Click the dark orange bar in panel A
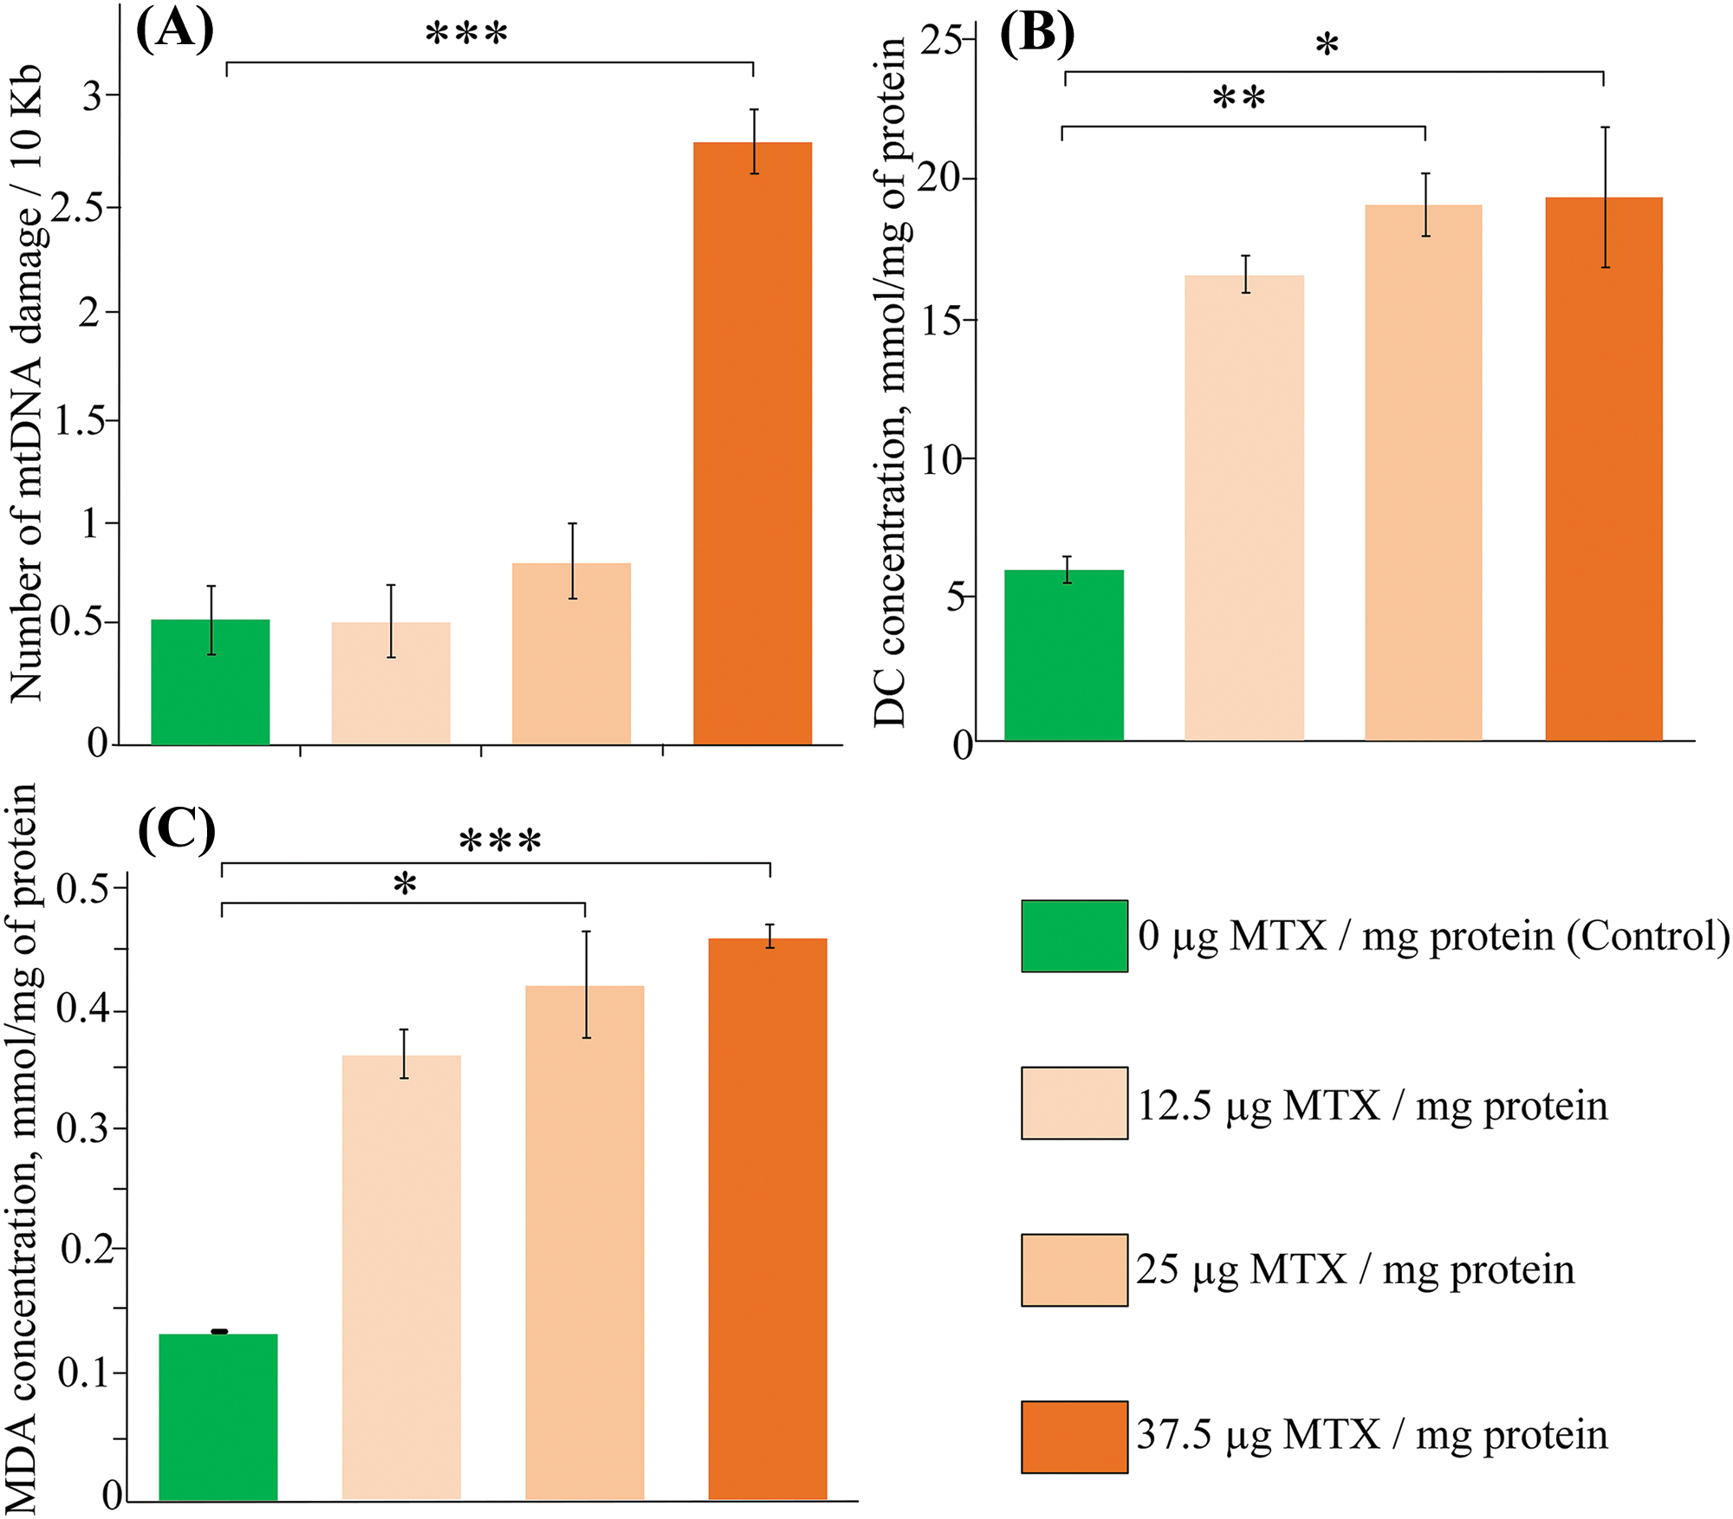(x=752, y=443)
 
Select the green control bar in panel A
(x=210, y=682)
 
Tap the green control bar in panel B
(x=1063, y=655)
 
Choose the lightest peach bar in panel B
(x=1243, y=508)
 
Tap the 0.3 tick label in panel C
(x=83, y=1129)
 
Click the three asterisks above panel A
(x=466, y=35)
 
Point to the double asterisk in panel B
(x=1238, y=98)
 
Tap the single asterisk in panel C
(x=405, y=885)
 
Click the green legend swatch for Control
(x=1074, y=936)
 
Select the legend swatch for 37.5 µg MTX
(x=1074, y=1437)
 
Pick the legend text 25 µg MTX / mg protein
(x=1354, y=1270)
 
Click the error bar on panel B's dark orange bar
(x=1605, y=197)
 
